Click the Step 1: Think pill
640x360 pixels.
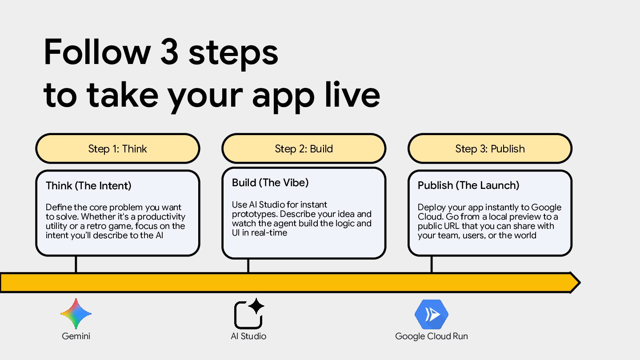pyautogui.click(x=117, y=149)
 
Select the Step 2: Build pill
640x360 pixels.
pyautogui.click(x=304, y=149)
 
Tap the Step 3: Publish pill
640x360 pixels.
pyautogui.click(x=490, y=149)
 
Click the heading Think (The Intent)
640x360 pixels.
pyautogui.click(x=88, y=185)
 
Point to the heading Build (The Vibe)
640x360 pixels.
pyautogui.click(x=270, y=183)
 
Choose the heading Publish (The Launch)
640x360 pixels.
pyautogui.click(x=468, y=185)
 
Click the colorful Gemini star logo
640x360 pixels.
pyautogui.click(x=76, y=314)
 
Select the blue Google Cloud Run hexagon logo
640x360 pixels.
pyautogui.click(x=431, y=314)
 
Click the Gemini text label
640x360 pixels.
pyautogui.click(x=76, y=336)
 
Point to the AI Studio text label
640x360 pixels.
pyautogui.click(x=248, y=336)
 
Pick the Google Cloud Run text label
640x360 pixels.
pyautogui.click(x=431, y=336)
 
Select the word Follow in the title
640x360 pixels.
pyautogui.click(x=97, y=52)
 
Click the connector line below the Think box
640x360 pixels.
pyautogui.click(x=76, y=264)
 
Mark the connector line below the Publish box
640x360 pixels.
pyautogui.click(x=431, y=264)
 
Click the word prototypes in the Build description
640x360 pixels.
pyautogui.click(x=255, y=214)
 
